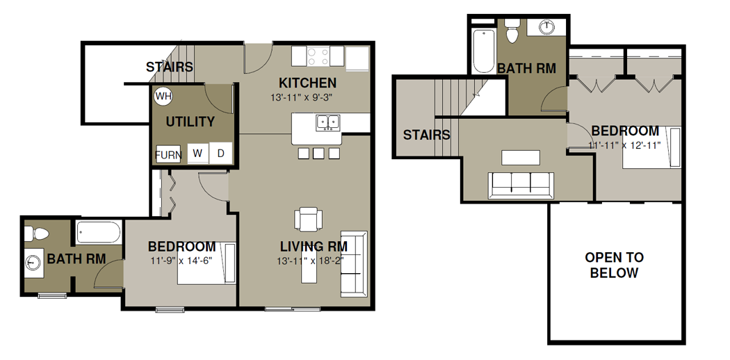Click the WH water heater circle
coord(163,97)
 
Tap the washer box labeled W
coord(198,153)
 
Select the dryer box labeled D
coord(220,153)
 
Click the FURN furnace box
coord(168,154)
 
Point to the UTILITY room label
coord(190,122)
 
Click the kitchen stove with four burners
coord(318,57)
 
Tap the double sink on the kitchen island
coord(328,122)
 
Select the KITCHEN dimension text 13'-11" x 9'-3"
coord(303,98)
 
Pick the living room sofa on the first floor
coord(354,263)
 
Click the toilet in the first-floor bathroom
coord(36,233)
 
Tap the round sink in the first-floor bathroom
coord(32,262)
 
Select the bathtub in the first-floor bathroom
coord(99,232)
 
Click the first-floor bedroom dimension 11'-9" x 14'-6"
coord(181,261)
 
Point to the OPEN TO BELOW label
coord(614,265)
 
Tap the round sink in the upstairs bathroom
coord(546,27)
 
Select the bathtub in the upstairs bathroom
coord(483,51)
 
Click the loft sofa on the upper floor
coord(521,185)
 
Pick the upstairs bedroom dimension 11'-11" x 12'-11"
coord(625,145)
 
